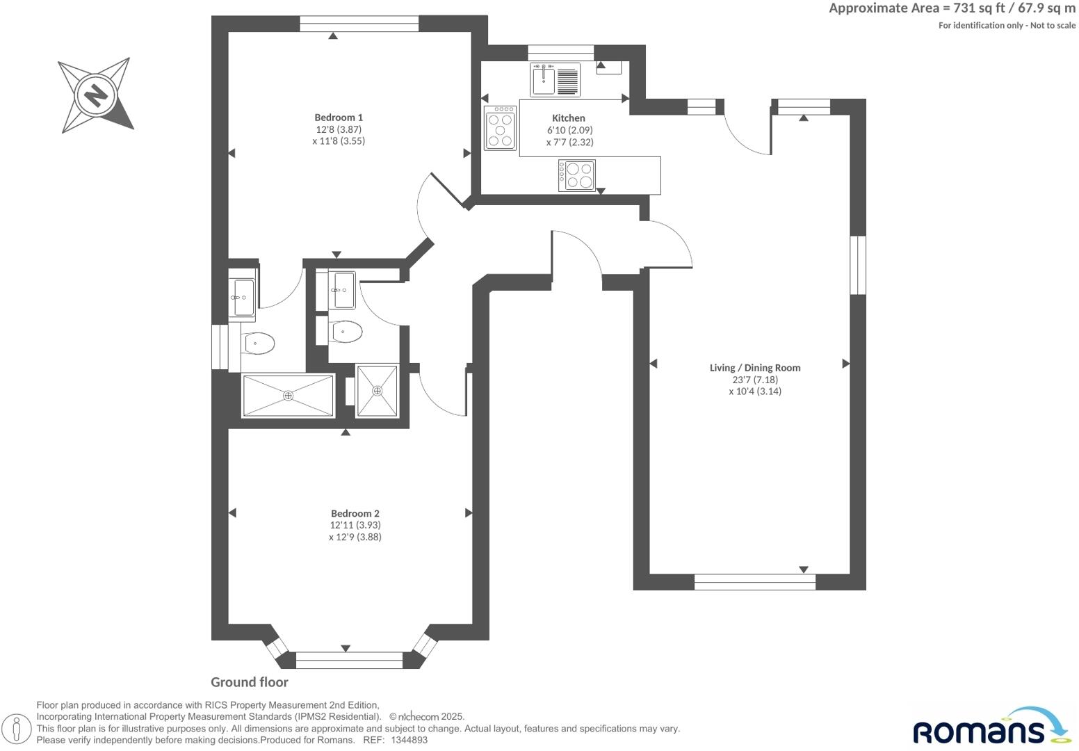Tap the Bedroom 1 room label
tap(339, 118)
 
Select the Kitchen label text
tap(569, 118)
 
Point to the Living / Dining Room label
tap(755, 368)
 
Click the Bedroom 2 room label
tap(355, 514)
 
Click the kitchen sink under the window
tap(544, 79)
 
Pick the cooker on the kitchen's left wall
tap(500, 128)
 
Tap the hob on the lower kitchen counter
tap(577, 175)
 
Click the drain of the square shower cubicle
tap(378, 391)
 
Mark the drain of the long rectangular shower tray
tap(288, 396)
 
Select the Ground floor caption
tap(250, 682)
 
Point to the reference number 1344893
tap(409, 741)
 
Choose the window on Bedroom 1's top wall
tap(359, 24)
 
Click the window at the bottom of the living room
tap(754, 582)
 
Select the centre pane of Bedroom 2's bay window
tap(349, 660)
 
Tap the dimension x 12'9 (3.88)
tap(355, 537)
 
